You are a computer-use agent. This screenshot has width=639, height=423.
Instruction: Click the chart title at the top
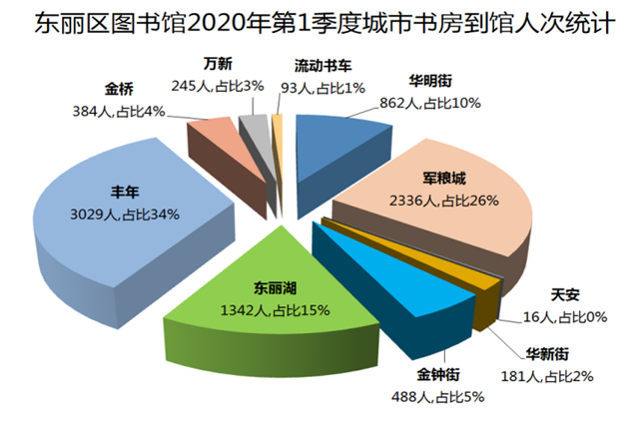click(x=319, y=21)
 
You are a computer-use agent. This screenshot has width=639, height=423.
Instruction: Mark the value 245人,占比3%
click(x=218, y=86)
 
